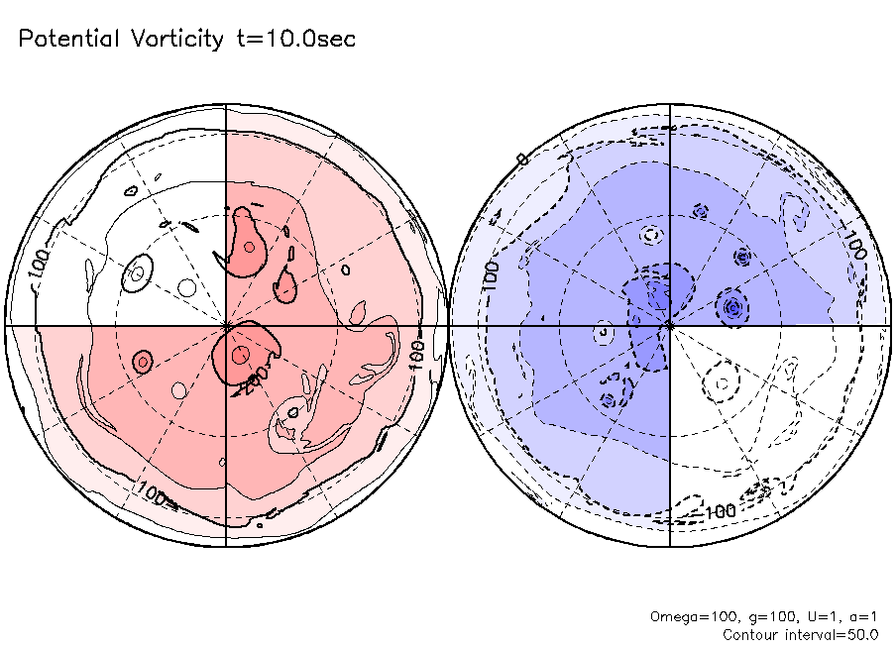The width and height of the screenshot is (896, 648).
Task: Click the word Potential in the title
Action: point(67,40)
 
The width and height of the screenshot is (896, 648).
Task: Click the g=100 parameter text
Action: point(754,616)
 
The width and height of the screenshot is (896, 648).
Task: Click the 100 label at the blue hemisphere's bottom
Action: point(719,511)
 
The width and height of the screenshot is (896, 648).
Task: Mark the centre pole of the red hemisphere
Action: point(227,325)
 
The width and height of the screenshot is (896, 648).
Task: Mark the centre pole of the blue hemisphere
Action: point(671,325)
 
